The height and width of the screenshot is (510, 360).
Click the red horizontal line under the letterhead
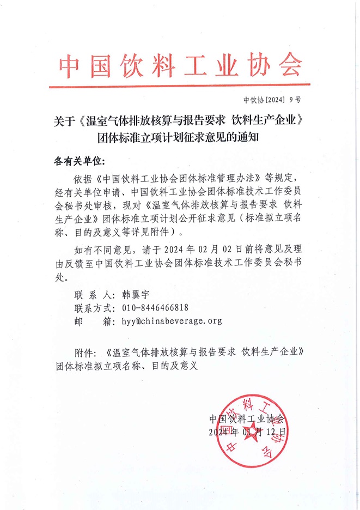(179, 86)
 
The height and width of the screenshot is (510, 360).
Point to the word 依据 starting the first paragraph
(83, 178)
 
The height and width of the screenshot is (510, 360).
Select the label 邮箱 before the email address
(93, 321)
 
